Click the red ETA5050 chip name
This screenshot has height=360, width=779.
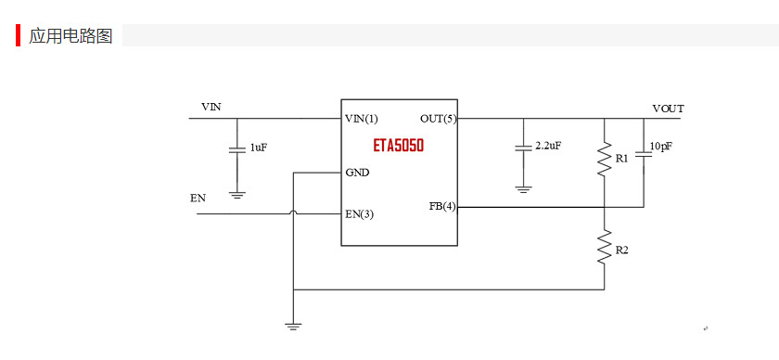pyautogui.click(x=399, y=147)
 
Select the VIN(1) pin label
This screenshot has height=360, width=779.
pyautogui.click(x=362, y=119)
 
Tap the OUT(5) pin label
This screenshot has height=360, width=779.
pyautogui.click(x=438, y=119)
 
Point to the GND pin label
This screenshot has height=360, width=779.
pyautogui.click(x=357, y=173)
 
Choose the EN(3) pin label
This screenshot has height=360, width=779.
pyautogui.click(x=359, y=214)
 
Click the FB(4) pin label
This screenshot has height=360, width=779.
pyautogui.click(x=442, y=206)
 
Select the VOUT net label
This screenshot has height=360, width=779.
pyautogui.click(x=668, y=109)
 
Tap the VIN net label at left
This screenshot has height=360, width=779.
pyautogui.click(x=211, y=108)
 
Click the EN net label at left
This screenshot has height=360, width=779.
pyautogui.click(x=198, y=198)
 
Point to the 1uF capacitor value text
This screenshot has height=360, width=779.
pyautogui.click(x=259, y=148)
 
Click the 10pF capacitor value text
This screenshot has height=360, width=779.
pyautogui.click(x=661, y=146)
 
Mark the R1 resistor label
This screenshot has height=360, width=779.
pyautogui.click(x=621, y=159)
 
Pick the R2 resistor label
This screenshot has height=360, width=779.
pyautogui.click(x=621, y=251)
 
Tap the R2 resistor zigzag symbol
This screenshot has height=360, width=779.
pyautogui.click(x=605, y=249)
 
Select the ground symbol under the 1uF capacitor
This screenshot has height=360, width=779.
pyautogui.click(x=236, y=195)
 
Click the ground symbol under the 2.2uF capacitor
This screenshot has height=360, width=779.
pyautogui.click(x=523, y=189)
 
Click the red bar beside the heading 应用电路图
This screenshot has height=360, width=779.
pyautogui.click(x=19, y=35)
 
